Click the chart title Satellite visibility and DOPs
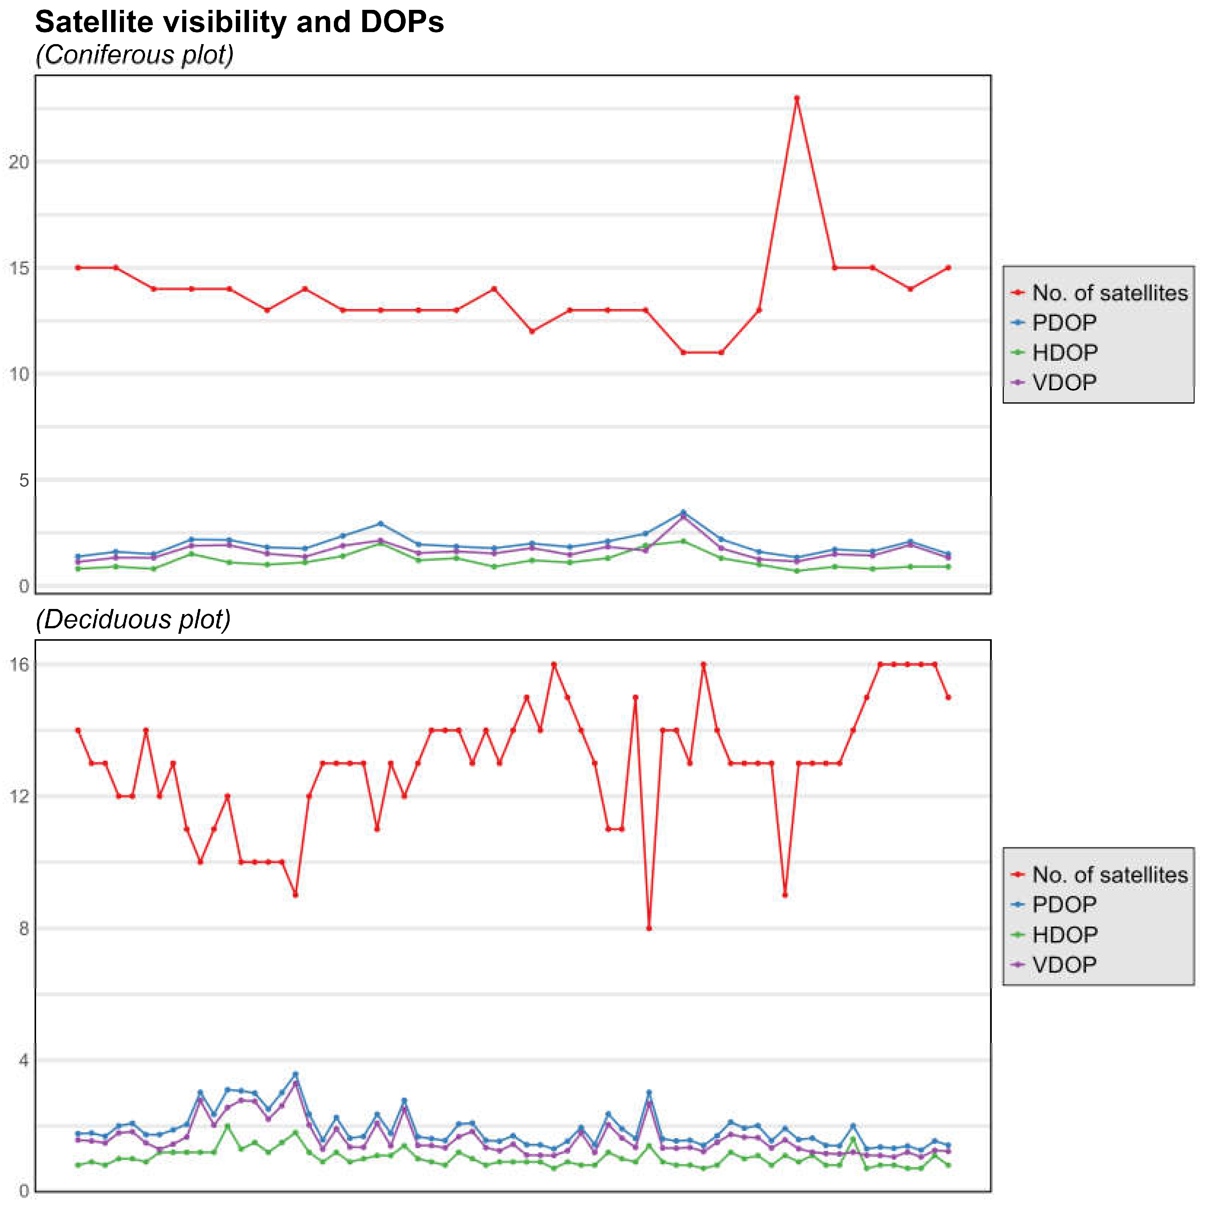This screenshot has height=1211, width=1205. [239, 23]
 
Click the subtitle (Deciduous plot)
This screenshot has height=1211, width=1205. [133, 620]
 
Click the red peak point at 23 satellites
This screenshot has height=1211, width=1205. [797, 98]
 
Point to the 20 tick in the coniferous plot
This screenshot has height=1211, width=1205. [19, 162]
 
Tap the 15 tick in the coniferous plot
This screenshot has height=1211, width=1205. [19, 268]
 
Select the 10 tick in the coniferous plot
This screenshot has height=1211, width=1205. [19, 375]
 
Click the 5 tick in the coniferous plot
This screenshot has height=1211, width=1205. [24, 481]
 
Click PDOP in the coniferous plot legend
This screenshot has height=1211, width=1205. [1064, 323]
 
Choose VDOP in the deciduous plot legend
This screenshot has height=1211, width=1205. [1064, 965]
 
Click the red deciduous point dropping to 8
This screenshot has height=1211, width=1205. [649, 928]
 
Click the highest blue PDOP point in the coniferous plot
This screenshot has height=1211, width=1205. [683, 512]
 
